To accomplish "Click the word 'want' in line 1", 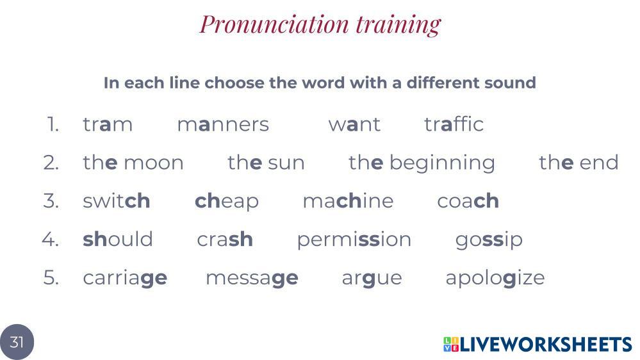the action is coord(354,124).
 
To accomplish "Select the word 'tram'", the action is coord(108,124).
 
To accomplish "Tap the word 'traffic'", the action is coord(454,124).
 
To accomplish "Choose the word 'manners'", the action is coord(224,125).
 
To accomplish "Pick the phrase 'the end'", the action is coord(578,162).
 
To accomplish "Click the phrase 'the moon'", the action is coord(133,162).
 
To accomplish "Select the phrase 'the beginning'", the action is coord(422,163).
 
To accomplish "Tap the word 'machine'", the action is coord(348,200).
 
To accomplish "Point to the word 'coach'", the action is coord(468,200).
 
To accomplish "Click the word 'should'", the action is coord(118,239).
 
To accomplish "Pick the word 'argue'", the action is coord(372,279).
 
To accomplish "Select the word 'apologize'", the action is coord(495,279).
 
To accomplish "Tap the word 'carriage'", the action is coord(125,279).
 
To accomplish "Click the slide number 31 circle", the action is coord(17,342).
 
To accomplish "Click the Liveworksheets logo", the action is coord(537,344).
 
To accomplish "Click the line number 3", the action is coord(51,200).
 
